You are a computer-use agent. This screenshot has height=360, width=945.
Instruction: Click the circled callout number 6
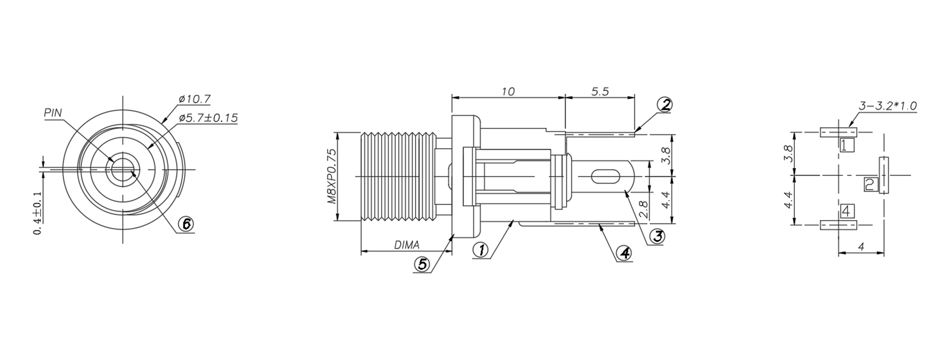click(x=186, y=224)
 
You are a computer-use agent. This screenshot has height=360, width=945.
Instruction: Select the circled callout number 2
click(x=665, y=105)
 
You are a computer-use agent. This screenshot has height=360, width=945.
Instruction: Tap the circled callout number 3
click(x=657, y=236)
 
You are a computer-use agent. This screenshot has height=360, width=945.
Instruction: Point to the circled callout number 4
click(x=624, y=253)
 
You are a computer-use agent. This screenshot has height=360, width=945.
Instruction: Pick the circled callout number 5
click(x=422, y=264)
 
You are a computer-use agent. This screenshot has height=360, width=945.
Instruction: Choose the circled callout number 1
click(x=481, y=249)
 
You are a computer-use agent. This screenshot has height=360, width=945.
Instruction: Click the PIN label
click(x=53, y=113)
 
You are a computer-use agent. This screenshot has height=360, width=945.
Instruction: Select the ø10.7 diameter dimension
click(x=194, y=99)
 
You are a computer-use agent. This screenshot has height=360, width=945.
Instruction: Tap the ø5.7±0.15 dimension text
click(x=208, y=118)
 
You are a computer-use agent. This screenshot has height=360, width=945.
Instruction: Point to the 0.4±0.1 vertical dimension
click(x=38, y=213)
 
